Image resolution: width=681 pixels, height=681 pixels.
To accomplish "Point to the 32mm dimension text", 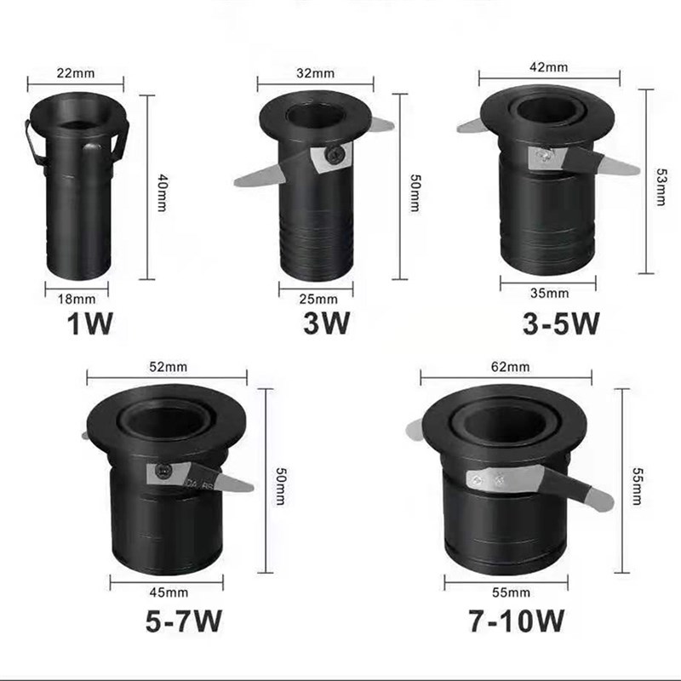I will [316, 72].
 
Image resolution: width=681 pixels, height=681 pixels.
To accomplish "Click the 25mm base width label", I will [315, 299].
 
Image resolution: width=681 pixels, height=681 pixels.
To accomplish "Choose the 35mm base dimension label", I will [548, 293].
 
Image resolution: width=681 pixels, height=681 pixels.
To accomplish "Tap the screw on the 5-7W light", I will [161, 469].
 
